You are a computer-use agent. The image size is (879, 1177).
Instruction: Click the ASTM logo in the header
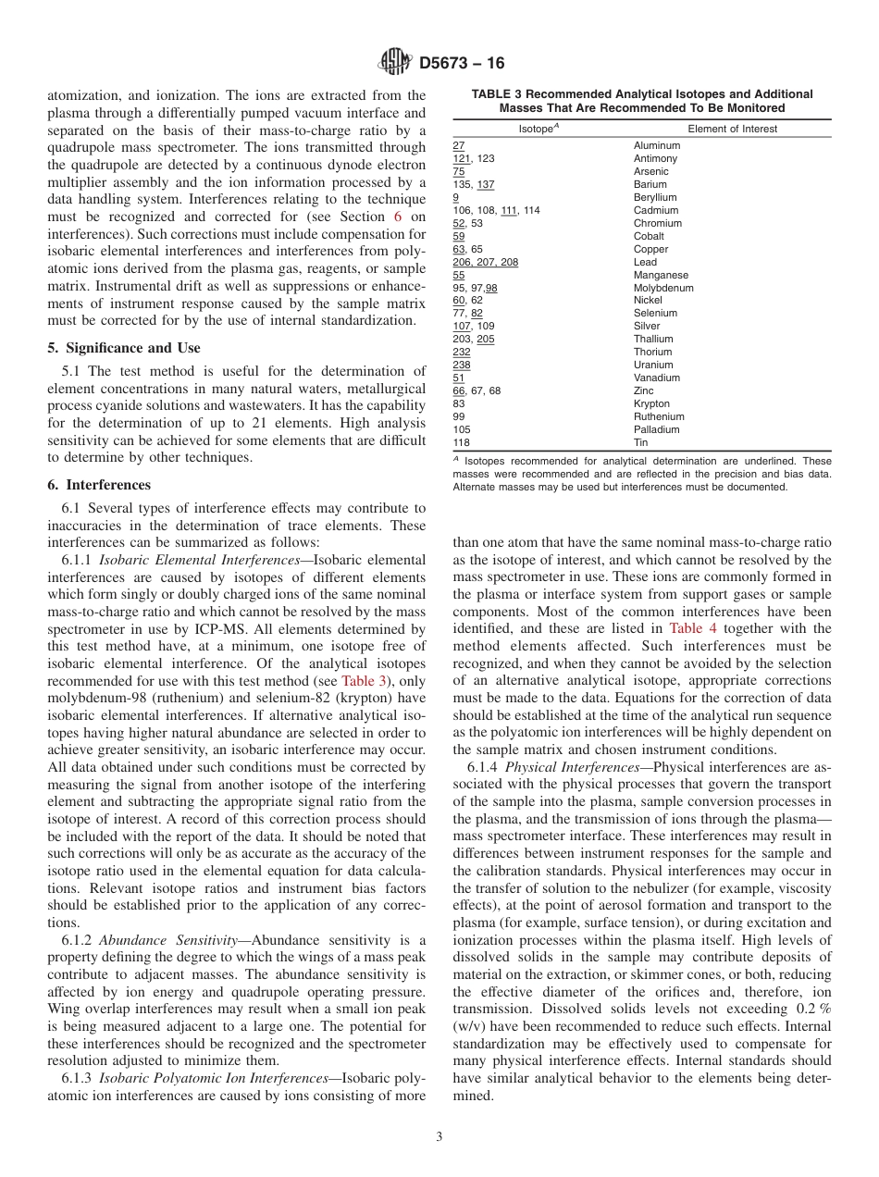395,63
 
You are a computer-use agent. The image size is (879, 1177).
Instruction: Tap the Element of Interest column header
733,129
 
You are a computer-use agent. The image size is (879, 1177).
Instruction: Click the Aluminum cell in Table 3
656,146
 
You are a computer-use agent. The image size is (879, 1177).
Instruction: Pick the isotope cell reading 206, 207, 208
485,263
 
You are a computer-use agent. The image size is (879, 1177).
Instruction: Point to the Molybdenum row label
662,289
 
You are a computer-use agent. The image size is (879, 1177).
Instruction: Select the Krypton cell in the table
651,404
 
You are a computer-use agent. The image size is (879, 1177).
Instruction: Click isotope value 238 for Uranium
461,365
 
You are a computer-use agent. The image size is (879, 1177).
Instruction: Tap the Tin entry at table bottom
640,443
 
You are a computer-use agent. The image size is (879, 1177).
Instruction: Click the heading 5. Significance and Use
123,348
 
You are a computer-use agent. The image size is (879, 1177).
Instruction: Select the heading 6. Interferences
98,485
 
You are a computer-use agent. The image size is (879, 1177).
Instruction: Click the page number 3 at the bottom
439,1137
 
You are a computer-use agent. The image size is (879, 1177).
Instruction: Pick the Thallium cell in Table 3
653,340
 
